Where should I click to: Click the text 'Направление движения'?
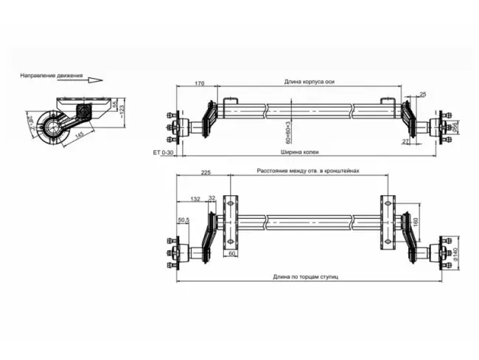[51, 75]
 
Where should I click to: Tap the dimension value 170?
[199, 84]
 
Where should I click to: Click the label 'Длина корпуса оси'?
[309, 83]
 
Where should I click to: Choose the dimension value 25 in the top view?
[422, 94]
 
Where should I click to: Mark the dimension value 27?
[405, 140]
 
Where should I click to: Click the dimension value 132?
[195, 199]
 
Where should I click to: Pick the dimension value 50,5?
[183, 219]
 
